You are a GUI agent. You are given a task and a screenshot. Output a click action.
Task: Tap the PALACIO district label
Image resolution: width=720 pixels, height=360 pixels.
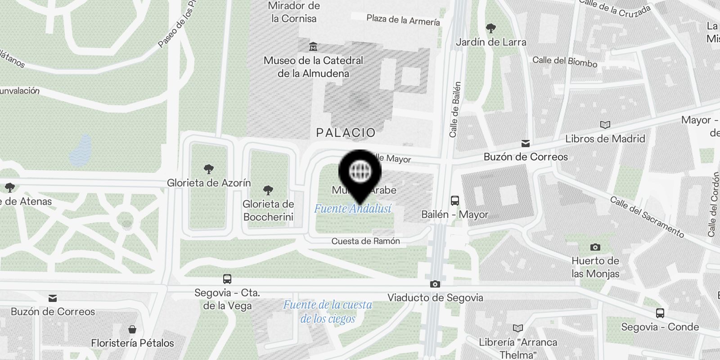click(346, 133)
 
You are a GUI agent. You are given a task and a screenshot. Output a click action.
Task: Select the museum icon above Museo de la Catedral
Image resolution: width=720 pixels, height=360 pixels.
click(313, 47)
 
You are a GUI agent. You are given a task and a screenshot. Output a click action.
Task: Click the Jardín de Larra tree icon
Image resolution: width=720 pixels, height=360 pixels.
click(491, 28)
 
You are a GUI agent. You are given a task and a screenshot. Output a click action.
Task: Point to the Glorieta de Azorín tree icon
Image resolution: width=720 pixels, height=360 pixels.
click(208, 169)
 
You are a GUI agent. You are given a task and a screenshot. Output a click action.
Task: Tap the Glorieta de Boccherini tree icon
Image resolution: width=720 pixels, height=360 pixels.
click(268, 190)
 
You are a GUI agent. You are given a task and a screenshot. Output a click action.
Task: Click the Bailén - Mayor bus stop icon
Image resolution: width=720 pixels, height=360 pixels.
click(455, 201)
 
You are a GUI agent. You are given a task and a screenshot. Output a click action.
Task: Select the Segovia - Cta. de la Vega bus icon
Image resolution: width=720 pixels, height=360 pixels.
click(227, 279)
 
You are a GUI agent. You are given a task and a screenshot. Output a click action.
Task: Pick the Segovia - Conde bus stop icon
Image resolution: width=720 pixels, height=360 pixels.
click(660, 313)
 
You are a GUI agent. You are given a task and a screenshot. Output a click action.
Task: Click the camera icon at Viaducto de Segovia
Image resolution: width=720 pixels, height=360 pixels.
click(435, 284)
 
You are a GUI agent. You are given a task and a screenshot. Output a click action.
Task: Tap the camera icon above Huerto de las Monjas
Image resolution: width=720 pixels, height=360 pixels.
click(595, 247)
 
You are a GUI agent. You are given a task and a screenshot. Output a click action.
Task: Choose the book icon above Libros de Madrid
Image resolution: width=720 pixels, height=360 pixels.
click(605, 125)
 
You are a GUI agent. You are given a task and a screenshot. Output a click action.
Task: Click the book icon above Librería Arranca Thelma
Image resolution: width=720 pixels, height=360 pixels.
click(518, 328)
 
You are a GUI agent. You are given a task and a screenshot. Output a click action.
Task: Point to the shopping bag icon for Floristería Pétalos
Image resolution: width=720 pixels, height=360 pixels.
click(132, 329)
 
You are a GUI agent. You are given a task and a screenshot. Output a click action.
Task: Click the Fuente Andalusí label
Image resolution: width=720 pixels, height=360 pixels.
click(352, 209)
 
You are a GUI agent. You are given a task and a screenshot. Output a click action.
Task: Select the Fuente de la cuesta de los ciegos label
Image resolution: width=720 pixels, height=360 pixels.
click(328, 311)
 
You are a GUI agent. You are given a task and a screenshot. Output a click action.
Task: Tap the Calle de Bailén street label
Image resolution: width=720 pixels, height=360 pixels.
click(455, 109)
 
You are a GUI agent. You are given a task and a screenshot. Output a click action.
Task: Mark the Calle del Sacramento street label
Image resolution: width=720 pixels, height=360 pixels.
click(647, 216)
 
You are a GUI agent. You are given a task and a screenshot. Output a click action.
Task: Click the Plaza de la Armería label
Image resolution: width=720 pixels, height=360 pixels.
click(403, 20)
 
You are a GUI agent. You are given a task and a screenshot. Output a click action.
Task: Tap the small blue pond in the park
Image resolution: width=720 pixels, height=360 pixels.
click(81, 150)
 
